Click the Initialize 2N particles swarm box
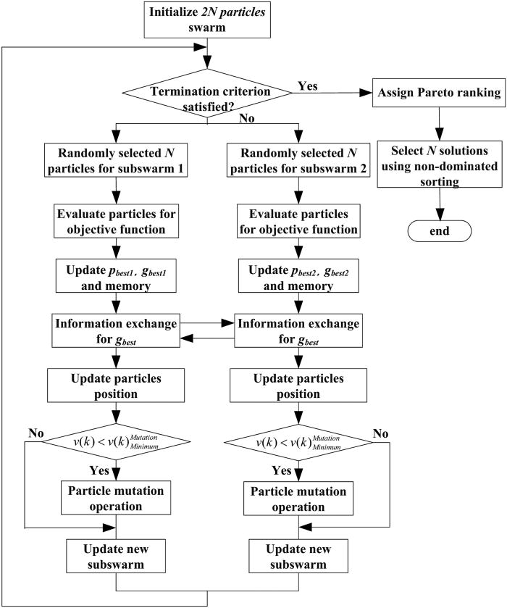tap(208, 20)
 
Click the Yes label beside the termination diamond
tap(307, 86)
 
